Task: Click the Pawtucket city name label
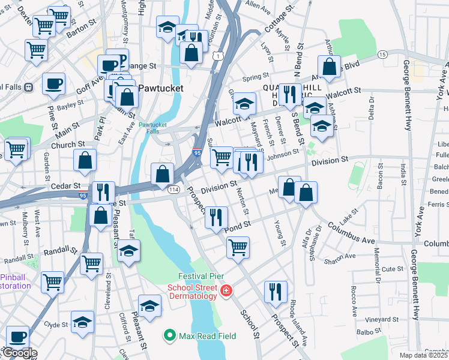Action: pyautogui.click(x=160, y=88)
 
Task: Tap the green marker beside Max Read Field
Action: pyautogui.click(x=170, y=335)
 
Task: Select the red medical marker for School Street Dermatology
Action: pyautogui.click(x=226, y=291)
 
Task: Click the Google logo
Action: pyautogui.click(x=19, y=353)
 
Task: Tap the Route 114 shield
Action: pyautogui.click(x=173, y=190)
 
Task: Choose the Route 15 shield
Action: pyautogui.click(x=382, y=55)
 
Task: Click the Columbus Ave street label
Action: pyautogui.click(x=350, y=233)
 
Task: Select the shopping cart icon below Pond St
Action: pyautogui.click(x=238, y=247)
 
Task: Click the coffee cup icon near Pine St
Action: pyautogui.click(x=53, y=83)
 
